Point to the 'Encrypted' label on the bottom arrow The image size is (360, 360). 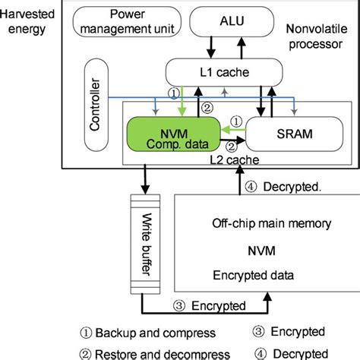(219, 306)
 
